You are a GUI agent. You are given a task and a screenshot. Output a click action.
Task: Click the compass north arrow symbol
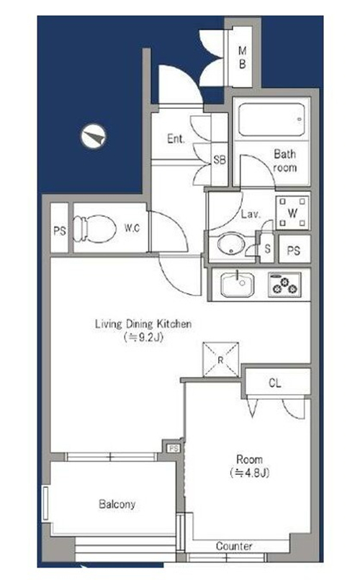pyautogui.click(x=94, y=136)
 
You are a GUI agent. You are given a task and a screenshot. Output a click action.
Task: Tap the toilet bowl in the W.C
pyautogui.click(x=94, y=228)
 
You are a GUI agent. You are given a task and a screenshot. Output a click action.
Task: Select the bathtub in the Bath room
pyautogui.click(x=271, y=120)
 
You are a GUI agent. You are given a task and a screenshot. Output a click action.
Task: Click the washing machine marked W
pyautogui.click(x=292, y=213)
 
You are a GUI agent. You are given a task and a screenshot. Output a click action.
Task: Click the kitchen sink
pyautogui.click(x=238, y=285)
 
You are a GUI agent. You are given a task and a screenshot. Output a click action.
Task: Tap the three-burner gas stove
pyautogui.click(x=284, y=285)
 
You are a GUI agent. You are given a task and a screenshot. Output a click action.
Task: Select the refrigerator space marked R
pyautogui.click(x=220, y=360)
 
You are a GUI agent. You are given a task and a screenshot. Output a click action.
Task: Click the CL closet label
pyautogui.click(x=274, y=383)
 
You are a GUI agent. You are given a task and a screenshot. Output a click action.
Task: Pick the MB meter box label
pyautogui.click(x=243, y=58)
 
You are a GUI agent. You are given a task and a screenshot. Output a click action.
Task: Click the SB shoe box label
pyautogui.click(x=220, y=160)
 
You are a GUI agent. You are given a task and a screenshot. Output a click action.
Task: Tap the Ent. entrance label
pyautogui.click(x=176, y=139)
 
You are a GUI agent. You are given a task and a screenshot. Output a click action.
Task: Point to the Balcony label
pyautogui.click(x=117, y=504)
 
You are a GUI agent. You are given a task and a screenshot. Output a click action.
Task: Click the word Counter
pyautogui.click(x=234, y=546)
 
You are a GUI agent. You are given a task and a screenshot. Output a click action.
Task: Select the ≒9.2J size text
pyautogui.click(x=143, y=337)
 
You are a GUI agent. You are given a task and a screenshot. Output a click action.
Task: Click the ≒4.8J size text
pyautogui.click(x=250, y=473)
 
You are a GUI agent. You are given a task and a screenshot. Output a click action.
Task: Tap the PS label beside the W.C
pyautogui.click(x=60, y=231)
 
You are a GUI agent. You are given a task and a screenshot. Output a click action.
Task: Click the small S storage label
pyautogui.click(x=268, y=249)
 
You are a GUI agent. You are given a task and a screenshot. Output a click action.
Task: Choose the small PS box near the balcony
pyautogui.click(x=174, y=449)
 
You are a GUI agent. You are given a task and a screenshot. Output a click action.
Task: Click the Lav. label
pyautogui.click(x=251, y=214)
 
